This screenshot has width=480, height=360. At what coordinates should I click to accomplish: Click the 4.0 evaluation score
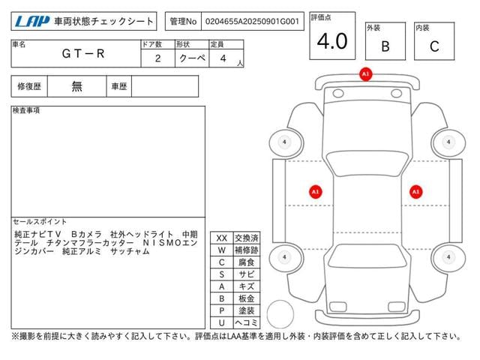coord(331,41)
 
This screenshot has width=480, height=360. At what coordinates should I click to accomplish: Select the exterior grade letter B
coord(385,46)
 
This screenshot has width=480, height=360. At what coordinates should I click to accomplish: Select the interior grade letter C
coord(434,46)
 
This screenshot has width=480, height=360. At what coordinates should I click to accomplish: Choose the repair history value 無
coord(77,86)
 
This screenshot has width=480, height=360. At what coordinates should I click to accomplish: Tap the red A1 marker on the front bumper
coord(365,74)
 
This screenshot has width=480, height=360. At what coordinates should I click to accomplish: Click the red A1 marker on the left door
coord(316,192)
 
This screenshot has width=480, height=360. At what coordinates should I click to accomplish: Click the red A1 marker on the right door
coord(415,192)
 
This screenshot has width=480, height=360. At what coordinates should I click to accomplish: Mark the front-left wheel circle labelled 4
coord(285,142)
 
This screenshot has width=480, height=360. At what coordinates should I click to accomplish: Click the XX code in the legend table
coord(221,238)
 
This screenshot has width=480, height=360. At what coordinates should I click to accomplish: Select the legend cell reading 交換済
coord(247,238)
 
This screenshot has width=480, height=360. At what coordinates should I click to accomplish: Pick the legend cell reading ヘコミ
coord(247,322)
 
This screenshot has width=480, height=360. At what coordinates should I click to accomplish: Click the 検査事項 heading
coord(27,111)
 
